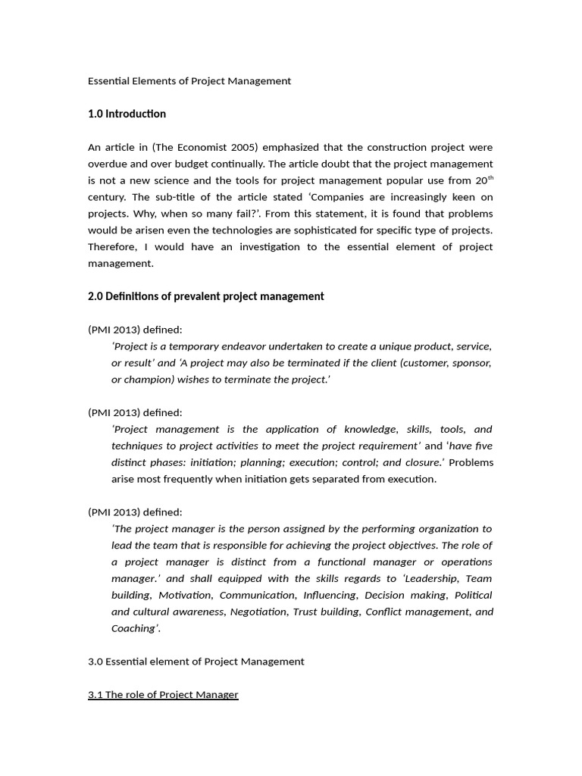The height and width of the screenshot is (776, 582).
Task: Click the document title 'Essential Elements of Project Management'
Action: coord(189,81)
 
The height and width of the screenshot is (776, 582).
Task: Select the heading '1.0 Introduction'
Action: coord(127,114)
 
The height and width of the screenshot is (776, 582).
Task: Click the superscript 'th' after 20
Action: coord(490,177)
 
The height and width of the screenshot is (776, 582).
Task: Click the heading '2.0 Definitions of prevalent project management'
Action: coord(205,296)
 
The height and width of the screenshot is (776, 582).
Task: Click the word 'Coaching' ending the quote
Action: coord(133,628)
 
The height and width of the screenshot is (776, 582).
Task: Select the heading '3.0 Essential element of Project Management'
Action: coord(196,662)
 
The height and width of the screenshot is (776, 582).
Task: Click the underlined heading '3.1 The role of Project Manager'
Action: coord(163,695)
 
